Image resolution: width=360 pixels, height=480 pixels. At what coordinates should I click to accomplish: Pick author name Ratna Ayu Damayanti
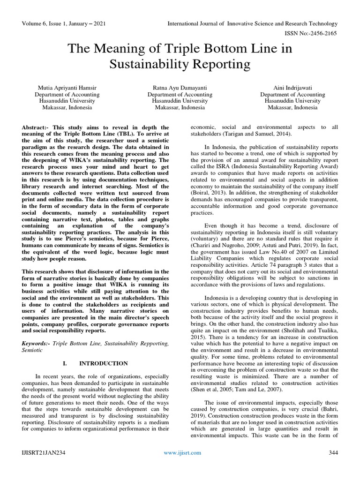coord(180,88)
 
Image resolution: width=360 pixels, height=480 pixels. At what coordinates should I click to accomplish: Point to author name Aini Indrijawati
coord(292,88)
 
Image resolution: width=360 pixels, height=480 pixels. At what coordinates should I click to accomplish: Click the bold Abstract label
coord(36,127)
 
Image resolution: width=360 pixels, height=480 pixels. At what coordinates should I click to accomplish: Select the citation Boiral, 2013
coord(203,193)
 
